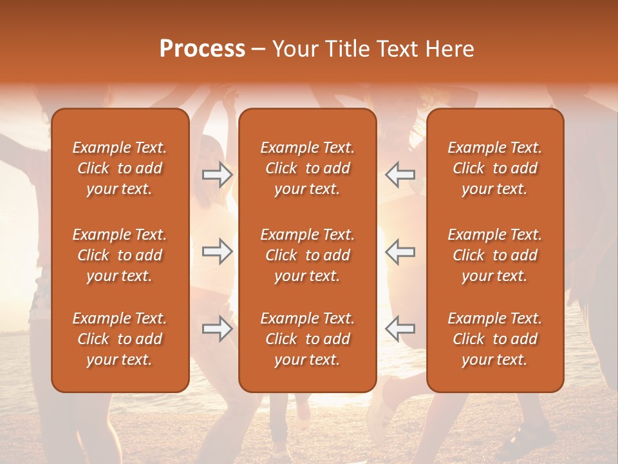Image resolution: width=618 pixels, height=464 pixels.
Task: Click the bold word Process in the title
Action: point(202,49)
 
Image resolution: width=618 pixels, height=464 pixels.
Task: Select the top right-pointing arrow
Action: point(218,175)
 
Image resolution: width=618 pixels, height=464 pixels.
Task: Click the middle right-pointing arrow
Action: point(218,251)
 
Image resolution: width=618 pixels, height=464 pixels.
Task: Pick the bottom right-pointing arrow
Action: point(218,329)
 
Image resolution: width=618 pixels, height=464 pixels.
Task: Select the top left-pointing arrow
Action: point(400,175)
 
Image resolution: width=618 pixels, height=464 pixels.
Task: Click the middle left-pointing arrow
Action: point(400,251)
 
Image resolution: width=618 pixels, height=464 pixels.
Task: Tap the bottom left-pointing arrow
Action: point(400,329)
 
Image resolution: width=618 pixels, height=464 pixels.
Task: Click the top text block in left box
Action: point(120,168)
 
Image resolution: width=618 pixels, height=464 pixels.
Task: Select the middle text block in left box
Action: point(120,255)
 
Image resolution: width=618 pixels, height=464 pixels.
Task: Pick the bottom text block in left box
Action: point(120,339)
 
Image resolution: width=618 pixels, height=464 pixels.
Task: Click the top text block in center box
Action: point(308,168)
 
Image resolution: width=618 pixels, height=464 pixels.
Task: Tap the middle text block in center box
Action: point(308,255)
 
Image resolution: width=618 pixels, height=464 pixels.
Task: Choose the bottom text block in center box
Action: point(308,339)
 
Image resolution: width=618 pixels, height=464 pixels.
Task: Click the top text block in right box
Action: point(495,168)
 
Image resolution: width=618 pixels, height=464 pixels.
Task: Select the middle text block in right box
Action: point(495,255)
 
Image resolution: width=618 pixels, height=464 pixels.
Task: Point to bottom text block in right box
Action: point(495,339)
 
